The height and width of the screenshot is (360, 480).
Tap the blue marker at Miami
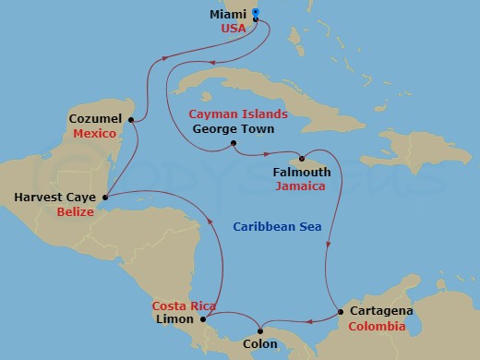[255, 12]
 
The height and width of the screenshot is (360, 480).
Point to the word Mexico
[94, 134]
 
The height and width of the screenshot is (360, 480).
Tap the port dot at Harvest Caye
[105, 197]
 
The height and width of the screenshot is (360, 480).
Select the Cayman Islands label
[238, 114]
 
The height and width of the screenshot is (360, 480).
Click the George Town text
[234, 129]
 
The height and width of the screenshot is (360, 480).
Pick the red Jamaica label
[300, 186]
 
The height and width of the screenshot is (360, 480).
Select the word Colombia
[377, 327]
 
